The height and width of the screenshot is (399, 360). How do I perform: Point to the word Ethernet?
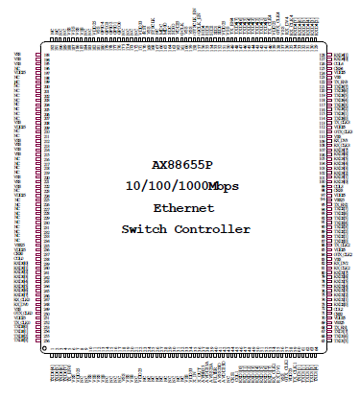(x=185, y=207)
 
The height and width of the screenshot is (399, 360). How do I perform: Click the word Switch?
(x=144, y=229)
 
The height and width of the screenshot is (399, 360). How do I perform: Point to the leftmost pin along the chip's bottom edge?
(x=53, y=356)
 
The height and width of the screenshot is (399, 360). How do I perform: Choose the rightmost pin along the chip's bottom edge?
(x=314, y=356)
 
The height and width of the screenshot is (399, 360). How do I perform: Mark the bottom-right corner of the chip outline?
(x=324, y=350)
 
